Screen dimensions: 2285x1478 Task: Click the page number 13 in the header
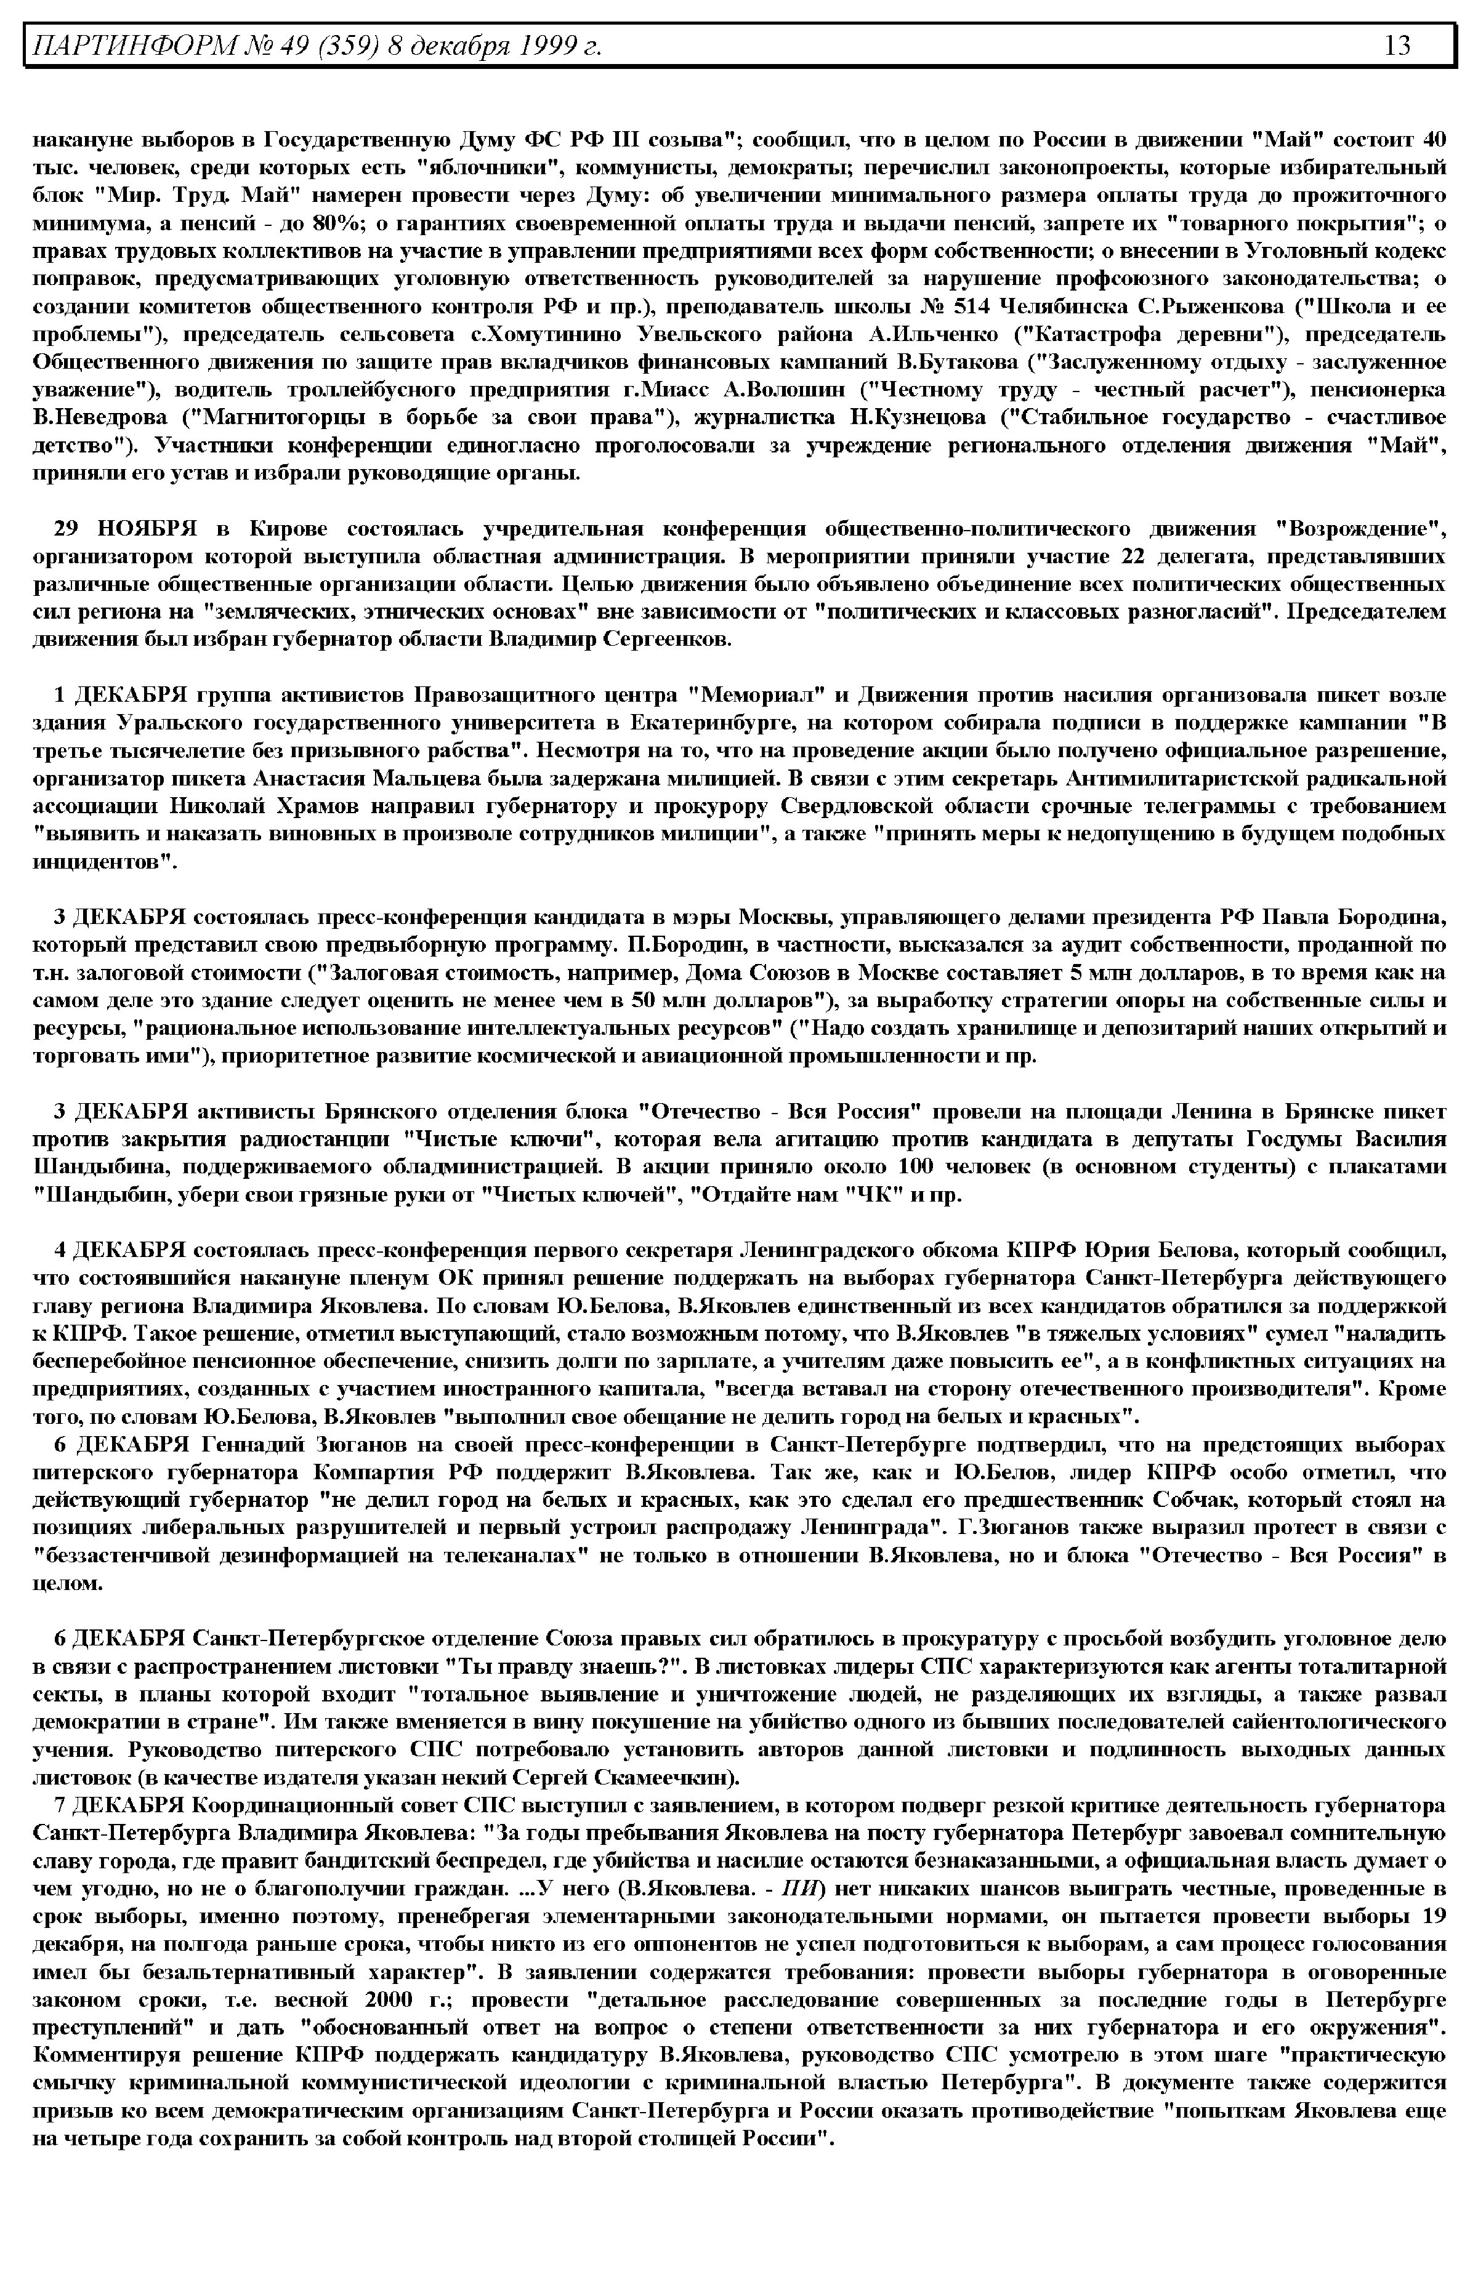(1397, 45)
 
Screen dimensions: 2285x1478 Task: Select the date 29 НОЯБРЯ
(125, 529)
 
